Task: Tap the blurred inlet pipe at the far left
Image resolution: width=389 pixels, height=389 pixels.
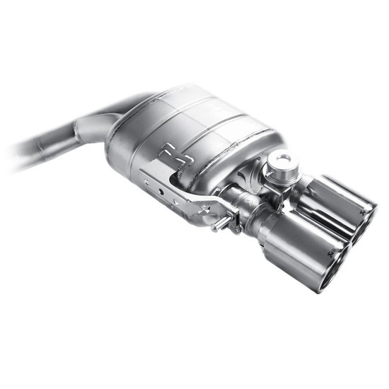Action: (28, 152)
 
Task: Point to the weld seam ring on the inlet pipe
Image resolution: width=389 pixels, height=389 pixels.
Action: (76, 134)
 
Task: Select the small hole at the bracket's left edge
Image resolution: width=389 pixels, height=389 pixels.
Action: (146, 183)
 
